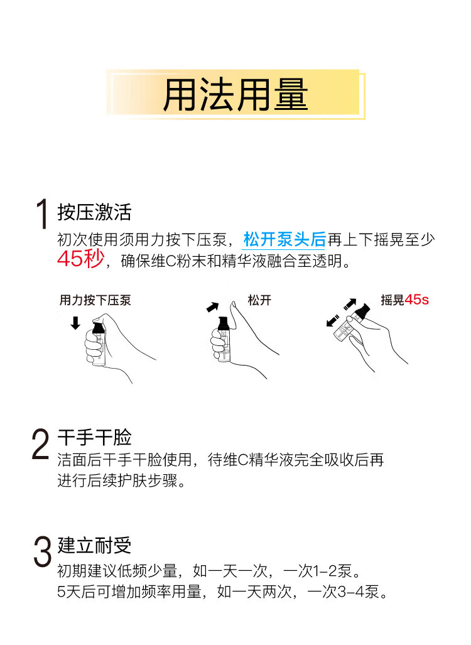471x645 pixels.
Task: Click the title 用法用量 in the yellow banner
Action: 235,95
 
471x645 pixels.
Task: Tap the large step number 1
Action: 42,214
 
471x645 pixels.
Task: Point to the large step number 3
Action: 42,551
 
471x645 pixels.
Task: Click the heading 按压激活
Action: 94,212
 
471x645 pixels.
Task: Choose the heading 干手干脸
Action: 94,437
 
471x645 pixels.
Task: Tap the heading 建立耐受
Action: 94,545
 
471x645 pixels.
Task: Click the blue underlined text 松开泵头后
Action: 284,239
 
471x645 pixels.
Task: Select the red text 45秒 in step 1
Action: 80,259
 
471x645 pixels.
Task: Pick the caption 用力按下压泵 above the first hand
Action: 95,300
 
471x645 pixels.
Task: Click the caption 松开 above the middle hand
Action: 259,300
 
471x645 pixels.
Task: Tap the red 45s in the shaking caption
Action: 416,300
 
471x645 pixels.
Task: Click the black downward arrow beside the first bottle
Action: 75,323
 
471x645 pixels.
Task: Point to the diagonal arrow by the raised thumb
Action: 213,307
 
